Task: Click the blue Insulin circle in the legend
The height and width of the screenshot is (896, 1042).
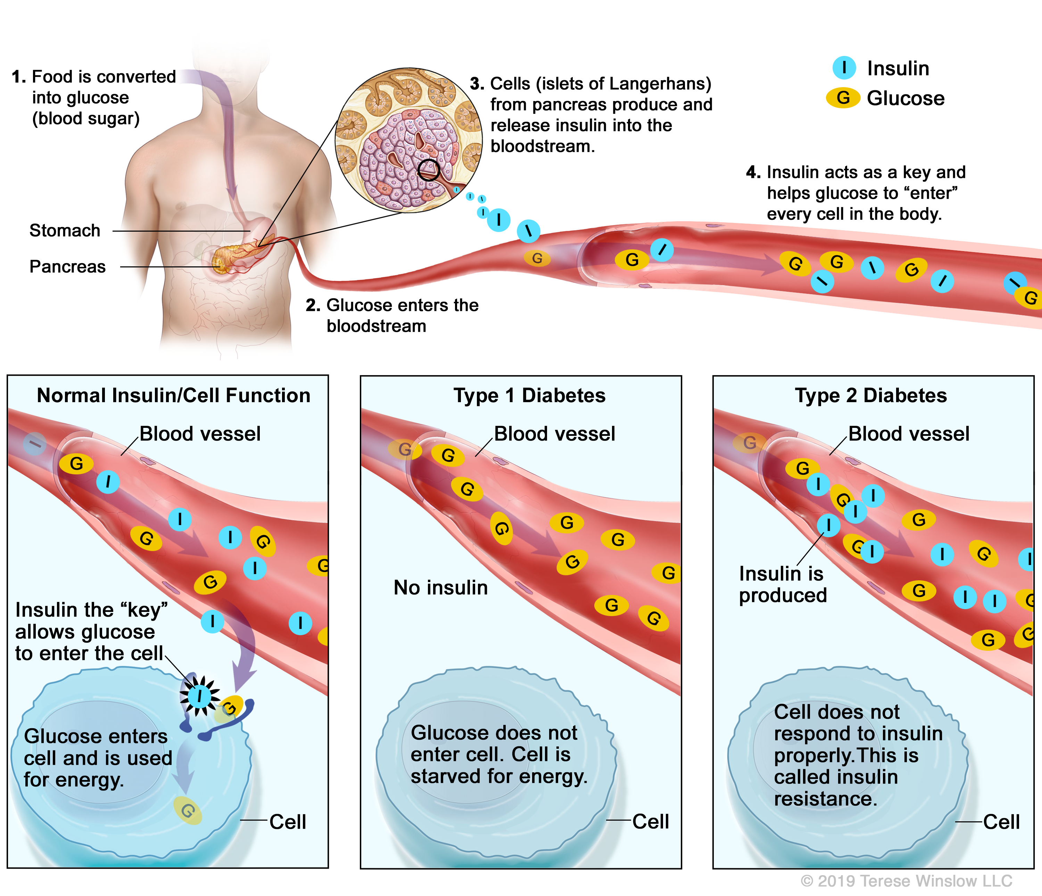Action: pos(844,67)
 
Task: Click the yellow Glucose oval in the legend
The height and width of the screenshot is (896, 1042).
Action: pos(843,98)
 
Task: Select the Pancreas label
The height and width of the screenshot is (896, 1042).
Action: pos(67,266)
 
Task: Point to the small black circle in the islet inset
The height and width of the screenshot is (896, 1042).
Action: pos(429,170)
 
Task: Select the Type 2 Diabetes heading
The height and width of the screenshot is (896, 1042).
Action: pos(870,396)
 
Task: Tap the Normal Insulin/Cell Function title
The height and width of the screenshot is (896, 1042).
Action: pos(174,396)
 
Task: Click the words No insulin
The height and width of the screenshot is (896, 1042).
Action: pos(440,587)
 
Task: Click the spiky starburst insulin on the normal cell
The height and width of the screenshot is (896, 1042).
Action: pos(200,696)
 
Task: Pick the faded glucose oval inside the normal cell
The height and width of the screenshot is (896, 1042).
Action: pos(188,810)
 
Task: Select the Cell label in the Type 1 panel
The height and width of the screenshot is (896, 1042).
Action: pos(650,822)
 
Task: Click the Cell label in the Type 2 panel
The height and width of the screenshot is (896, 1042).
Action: pos(1001,822)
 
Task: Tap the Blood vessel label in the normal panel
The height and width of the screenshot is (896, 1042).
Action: pos(200,434)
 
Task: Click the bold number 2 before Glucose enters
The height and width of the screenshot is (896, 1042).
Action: pos(312,305)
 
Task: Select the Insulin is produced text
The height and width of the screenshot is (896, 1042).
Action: pos(783,584)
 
